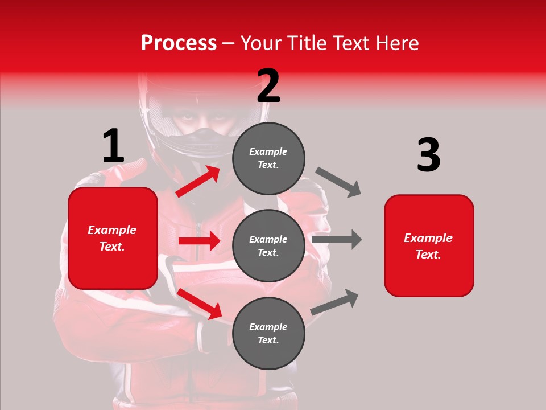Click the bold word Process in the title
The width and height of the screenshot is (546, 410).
179,43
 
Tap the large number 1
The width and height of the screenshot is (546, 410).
113,146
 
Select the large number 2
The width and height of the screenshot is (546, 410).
268,86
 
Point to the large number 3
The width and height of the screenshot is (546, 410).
428,155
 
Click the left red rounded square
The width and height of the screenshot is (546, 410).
113,238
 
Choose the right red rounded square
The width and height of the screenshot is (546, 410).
429,246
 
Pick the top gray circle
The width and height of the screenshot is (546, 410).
268,158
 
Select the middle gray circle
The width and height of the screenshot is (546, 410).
268,246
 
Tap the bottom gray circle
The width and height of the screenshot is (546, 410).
268,334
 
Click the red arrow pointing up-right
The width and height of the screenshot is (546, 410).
198,181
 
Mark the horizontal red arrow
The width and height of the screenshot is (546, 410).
199,241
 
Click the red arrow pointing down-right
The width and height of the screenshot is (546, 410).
199,304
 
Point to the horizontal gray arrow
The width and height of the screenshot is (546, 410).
337,239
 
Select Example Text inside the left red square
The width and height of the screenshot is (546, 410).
113,238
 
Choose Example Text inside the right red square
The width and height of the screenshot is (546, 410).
429,246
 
